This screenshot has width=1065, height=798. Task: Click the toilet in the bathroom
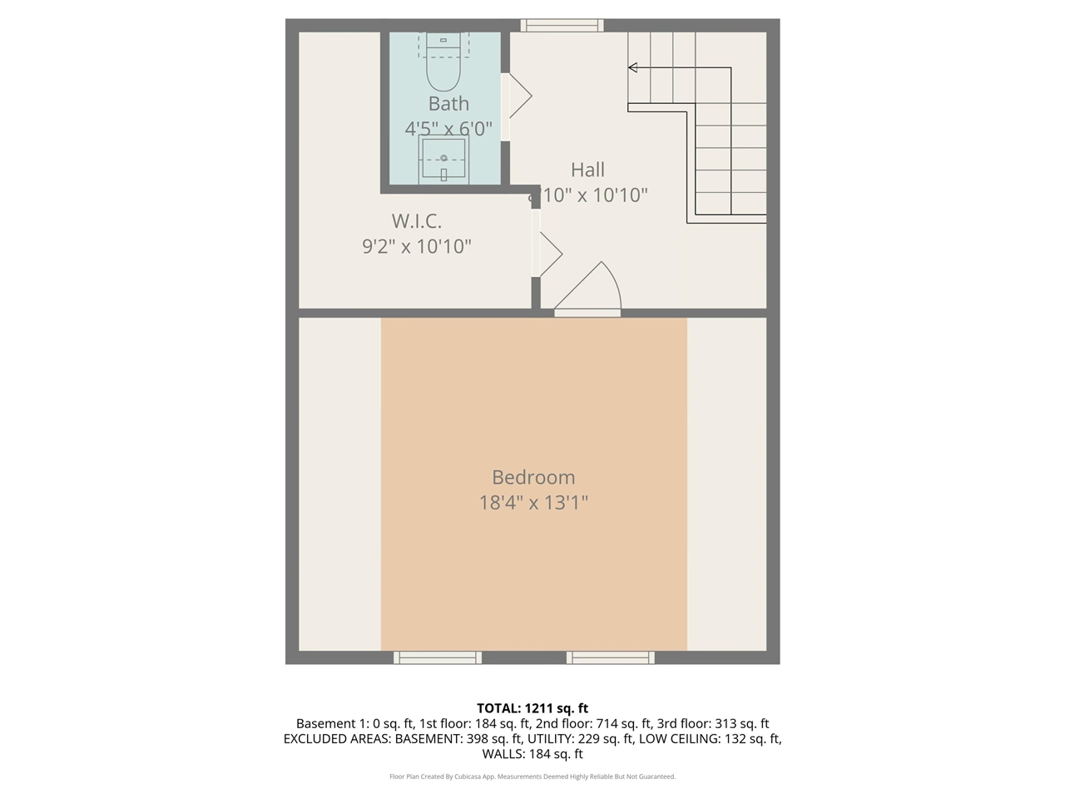pos(443,62)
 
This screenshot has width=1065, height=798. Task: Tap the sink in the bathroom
pos(443,159)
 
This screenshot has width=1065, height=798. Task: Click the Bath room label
pos(448,104)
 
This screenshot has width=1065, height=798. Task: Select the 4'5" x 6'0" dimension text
pos(448,129)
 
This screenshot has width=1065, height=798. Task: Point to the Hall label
pos(587,170)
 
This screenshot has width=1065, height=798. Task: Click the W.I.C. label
pos(417,221)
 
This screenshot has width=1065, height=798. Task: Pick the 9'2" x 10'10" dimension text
pos(417,246)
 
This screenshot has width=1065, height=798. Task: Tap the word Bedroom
pos(533,477)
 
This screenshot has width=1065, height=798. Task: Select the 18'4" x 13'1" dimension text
pos(533,502)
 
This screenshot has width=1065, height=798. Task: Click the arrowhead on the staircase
pos(633,67)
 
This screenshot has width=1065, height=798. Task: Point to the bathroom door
pos(517,96)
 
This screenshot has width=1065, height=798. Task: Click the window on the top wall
pos(562,26)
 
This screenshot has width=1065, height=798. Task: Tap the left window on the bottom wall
pos(438,658)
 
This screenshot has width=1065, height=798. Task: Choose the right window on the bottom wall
pos(611,658)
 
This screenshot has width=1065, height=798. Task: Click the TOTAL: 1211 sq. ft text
pos(532,708)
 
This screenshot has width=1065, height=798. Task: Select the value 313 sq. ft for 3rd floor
pos(742,723)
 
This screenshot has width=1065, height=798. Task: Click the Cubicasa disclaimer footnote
pos(532,776)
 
